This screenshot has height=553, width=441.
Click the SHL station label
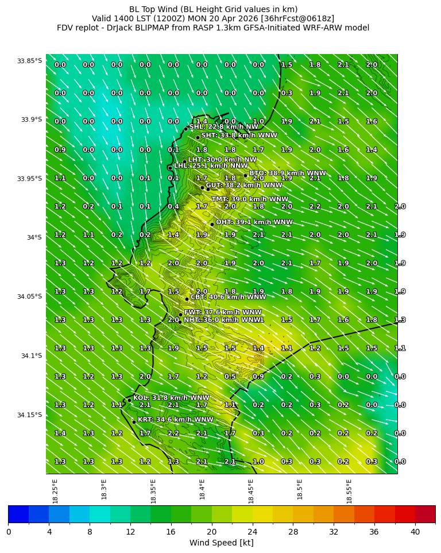[223, 126]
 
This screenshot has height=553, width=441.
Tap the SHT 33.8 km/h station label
[239, 135]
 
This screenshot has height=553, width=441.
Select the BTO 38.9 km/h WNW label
[287, 172]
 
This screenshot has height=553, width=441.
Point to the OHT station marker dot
[212, 224]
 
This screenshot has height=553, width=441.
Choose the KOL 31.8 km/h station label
[171, 398]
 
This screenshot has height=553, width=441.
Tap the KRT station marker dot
[134, 422]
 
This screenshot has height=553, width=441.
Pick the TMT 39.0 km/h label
[250, 199]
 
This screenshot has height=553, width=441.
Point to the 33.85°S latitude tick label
[29, 61]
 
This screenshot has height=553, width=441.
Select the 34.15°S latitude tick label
[29, 415]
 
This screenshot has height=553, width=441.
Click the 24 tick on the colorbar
[253, 531]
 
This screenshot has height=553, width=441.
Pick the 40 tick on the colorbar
[415, 531]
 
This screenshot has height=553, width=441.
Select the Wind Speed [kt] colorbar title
[221, 543]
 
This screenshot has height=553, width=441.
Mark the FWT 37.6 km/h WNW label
[215, 312]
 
